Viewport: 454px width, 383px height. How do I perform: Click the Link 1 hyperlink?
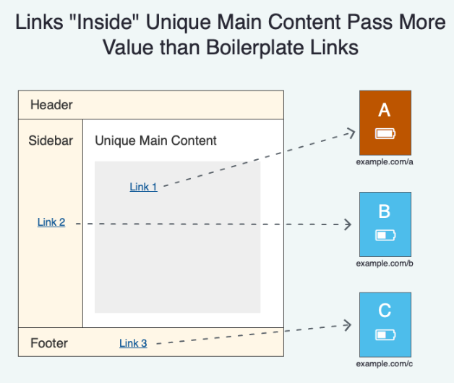(143, 187)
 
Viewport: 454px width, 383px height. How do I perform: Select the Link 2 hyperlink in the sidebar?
(51, 222)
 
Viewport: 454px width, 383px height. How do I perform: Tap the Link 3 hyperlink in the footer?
(133, 343)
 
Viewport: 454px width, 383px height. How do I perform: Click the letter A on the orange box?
(385, 110)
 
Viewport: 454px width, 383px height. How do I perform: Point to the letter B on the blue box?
(385, 211)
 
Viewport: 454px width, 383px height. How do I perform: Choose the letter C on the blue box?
(385, 311)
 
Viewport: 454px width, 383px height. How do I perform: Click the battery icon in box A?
(385, 134)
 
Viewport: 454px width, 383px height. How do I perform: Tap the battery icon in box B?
(385, 235)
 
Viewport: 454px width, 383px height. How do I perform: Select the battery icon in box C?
(385, 335)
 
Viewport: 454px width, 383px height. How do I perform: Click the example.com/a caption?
(385, 161)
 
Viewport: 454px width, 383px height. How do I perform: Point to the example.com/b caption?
(385, 264)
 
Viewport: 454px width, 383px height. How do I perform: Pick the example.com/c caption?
(385, 364)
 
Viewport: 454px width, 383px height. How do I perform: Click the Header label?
(51, 105)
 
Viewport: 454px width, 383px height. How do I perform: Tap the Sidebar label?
(51, 140)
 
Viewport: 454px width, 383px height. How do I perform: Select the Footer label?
(49, 343)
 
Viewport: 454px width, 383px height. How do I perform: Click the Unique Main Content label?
(155, 140)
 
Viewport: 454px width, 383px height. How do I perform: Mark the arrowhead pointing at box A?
(351, 133)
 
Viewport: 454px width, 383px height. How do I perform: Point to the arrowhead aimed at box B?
(348, 224)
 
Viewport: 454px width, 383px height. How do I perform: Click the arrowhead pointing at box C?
(348, 325)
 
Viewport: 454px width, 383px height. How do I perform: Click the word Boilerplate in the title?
(256, 47)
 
